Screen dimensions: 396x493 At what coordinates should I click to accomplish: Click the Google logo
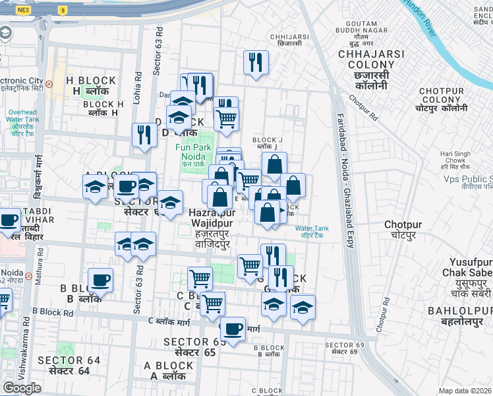coord(22,388)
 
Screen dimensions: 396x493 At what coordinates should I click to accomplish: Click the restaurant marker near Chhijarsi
coord(254,63)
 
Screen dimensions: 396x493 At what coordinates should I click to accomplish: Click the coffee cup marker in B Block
coord(100,280)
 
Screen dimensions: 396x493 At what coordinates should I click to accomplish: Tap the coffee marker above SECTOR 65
coord(232,329)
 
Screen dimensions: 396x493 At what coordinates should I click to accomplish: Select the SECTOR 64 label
coord(69,365)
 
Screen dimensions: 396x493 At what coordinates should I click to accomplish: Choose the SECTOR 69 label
coord(345,348)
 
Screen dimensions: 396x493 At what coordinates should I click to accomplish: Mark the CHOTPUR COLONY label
coord(442,99)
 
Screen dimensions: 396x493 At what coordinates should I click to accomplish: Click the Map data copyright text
coord(465,391)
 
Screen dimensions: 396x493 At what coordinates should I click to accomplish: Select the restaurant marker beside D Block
coord(143,135)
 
